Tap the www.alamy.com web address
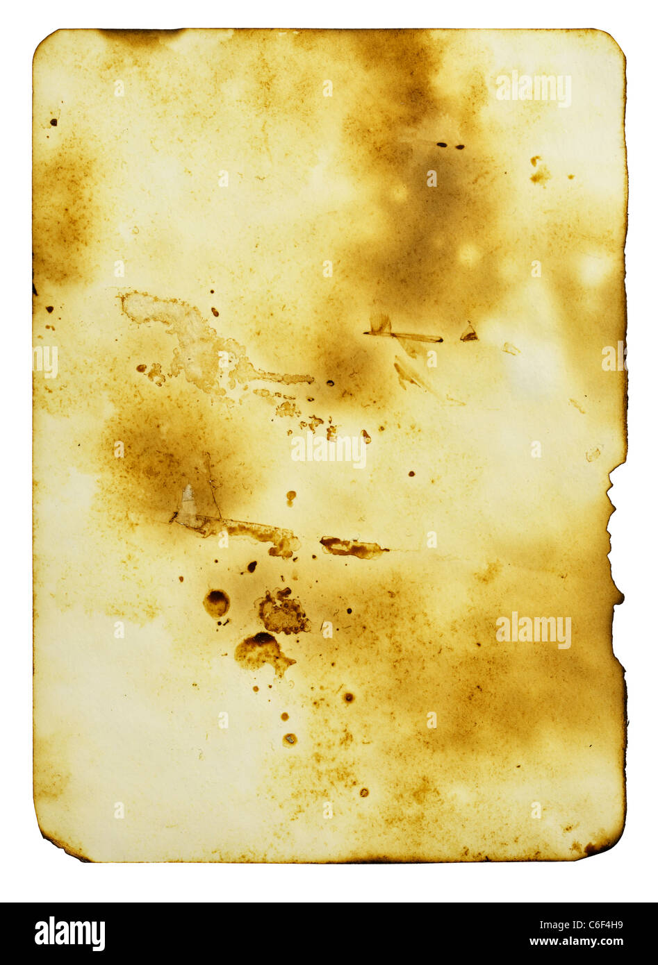[576, 941]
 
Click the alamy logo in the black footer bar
[69, 933]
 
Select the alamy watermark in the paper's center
[329, 451]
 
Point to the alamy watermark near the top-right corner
[534, 88]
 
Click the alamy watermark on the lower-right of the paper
[534, 631]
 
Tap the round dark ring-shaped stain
[216, 603]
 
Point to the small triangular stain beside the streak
[469, 333]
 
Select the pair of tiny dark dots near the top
[450, 146]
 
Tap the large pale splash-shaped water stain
[201, 347]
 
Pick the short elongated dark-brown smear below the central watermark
[352, 548]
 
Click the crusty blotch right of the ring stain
[283, 612]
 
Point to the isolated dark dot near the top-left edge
[54, 123]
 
